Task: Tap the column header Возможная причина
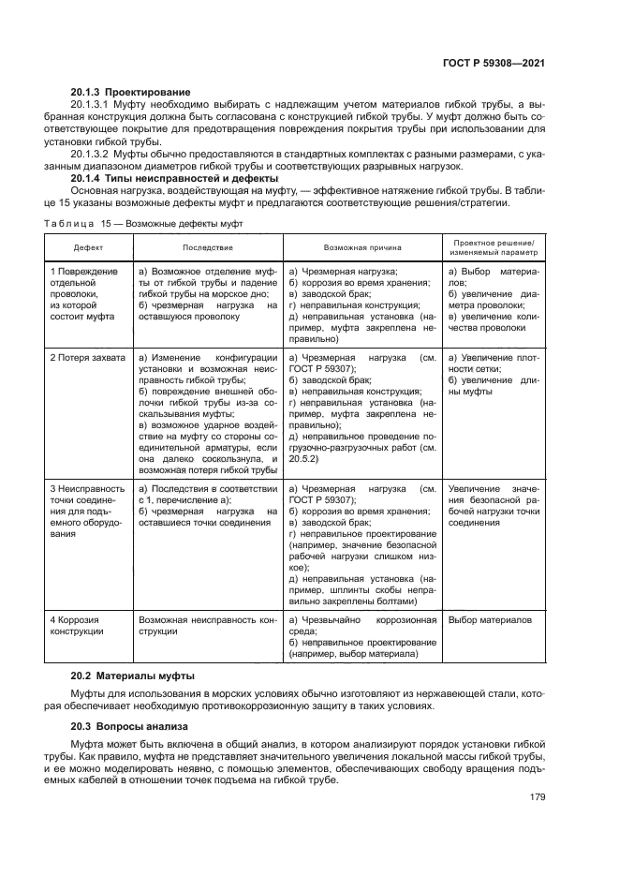point(361,247)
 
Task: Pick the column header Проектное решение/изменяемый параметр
point(493,247)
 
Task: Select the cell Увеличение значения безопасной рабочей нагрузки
point(494,506)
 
